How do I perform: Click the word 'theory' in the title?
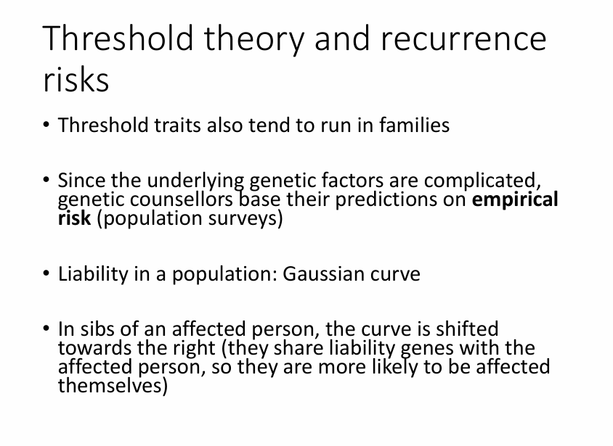point(253,39)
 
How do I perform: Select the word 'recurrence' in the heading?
point(463,39)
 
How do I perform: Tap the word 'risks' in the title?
point(76,79)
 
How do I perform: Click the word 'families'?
point(415,125)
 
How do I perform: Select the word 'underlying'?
point(195,181)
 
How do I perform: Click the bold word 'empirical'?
point(515,200)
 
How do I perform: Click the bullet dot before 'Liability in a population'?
point(46,273)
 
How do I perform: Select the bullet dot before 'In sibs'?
point(46,329)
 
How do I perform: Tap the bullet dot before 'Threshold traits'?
point(46,125)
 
